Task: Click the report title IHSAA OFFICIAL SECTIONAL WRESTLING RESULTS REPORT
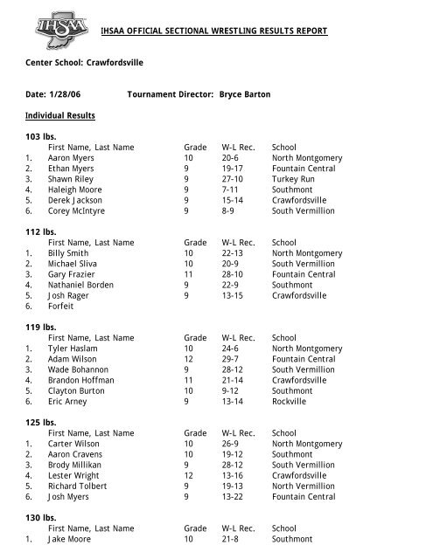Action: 213,31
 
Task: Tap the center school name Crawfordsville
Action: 115,64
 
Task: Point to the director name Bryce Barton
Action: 245,93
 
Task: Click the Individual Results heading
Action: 60,115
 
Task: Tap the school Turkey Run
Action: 296,179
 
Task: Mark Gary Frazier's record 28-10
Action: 235,274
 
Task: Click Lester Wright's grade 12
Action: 188,475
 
